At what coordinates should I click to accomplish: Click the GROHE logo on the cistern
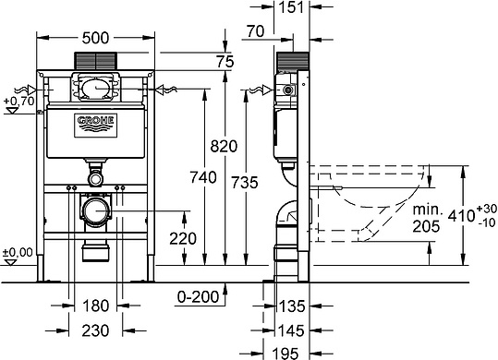[x=95, y=126]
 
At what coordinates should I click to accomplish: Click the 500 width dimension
[x=95, y=38]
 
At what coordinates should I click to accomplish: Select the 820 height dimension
[x=224, y=146]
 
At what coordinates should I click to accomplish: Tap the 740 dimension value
[x=203, y=177]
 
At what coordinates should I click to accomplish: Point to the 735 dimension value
[x=245, y=183]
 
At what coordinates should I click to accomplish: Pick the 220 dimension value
[x=183, y=238]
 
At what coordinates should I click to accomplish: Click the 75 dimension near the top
[x=225, y=62]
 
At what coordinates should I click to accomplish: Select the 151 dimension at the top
[x=291, y=7]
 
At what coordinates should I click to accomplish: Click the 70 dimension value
[x=255, y=31]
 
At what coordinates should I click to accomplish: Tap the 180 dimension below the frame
[x=95, y=306]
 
